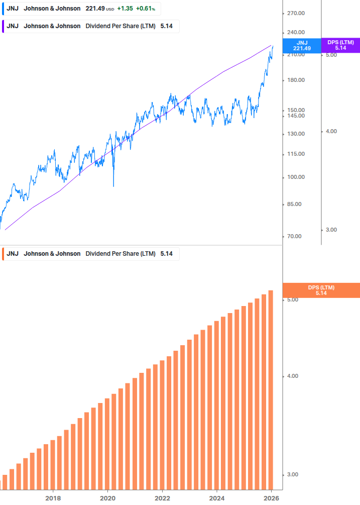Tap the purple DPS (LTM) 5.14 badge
(x=340, y=45)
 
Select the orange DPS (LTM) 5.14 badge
(x=321, y=290)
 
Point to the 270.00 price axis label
(x=296, y=14)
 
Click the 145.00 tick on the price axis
(x=296, y=116)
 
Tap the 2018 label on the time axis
(x=53, y=498)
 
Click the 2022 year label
(x=162, y=498)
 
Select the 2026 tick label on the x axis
(x=271, y=498)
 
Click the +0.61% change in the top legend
(x=145, y=9)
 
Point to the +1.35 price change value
(x=125, y=9)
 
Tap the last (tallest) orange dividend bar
(x=271, y=389)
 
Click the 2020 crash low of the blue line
(x=113, y=186)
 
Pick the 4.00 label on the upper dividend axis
(x=331, y=132)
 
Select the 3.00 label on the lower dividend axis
(x=292, y=475)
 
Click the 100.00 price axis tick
(x=296, y=177)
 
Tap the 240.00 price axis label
(x=296, y=32)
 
